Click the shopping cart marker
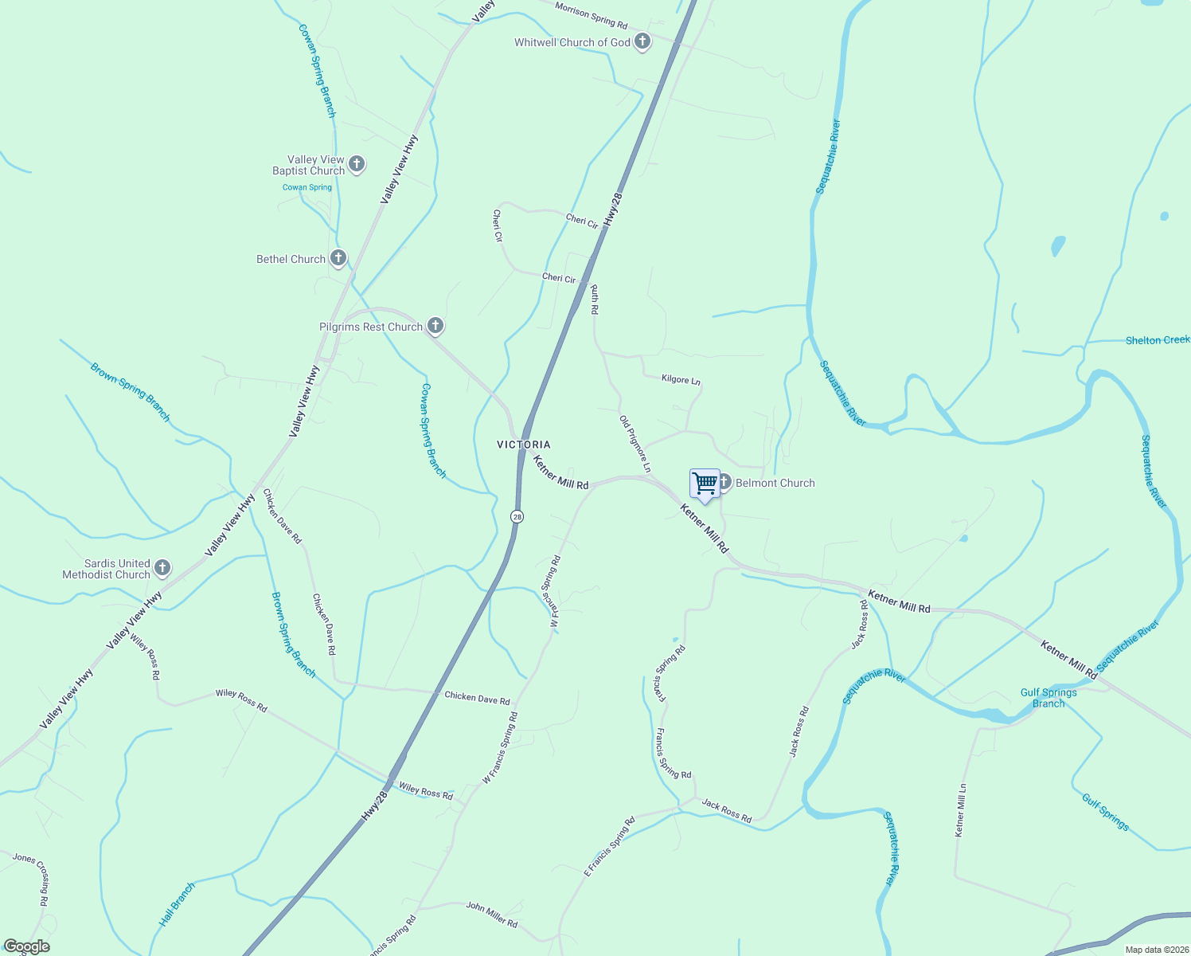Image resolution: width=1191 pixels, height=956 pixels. (705, 484)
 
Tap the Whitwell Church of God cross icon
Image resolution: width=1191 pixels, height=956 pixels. (642, 41)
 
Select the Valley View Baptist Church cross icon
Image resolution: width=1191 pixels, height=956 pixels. (357, 164)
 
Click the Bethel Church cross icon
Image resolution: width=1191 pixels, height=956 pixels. (338, 258)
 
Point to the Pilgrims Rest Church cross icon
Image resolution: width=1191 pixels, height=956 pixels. (435, 325)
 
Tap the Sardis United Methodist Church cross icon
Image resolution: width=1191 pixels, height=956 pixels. (162, 568)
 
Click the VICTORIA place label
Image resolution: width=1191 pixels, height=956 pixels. (524, 445)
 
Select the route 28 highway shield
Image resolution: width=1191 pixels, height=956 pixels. (517, 516)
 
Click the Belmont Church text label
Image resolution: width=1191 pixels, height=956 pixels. (775, 483)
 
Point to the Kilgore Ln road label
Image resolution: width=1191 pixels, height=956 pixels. (681, 380)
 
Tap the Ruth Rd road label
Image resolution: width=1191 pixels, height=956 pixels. (594, 300)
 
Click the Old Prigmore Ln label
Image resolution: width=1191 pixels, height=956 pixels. (635, 444)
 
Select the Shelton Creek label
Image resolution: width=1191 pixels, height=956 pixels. (1157, 340)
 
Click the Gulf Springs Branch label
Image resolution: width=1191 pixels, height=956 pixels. (1048, 698)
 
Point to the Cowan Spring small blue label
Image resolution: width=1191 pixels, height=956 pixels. (307, 188)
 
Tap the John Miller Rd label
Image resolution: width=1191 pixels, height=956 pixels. (492, 914)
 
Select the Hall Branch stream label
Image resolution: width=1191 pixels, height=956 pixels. (177, 904)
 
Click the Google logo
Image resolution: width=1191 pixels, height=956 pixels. (26, 946)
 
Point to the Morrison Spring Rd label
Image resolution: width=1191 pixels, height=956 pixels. (592, 14)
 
